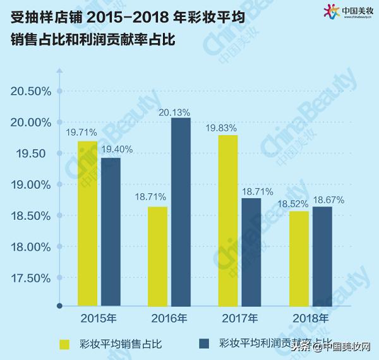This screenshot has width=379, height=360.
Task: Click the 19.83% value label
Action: [x=221, y=128]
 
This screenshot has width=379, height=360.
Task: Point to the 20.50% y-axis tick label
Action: [x=31, y=91]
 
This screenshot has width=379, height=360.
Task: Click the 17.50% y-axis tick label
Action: [x=31, y=278]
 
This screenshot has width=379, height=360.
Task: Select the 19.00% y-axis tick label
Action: [x=31, y=184]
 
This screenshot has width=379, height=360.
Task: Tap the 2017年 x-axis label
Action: [x=240, y=318]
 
